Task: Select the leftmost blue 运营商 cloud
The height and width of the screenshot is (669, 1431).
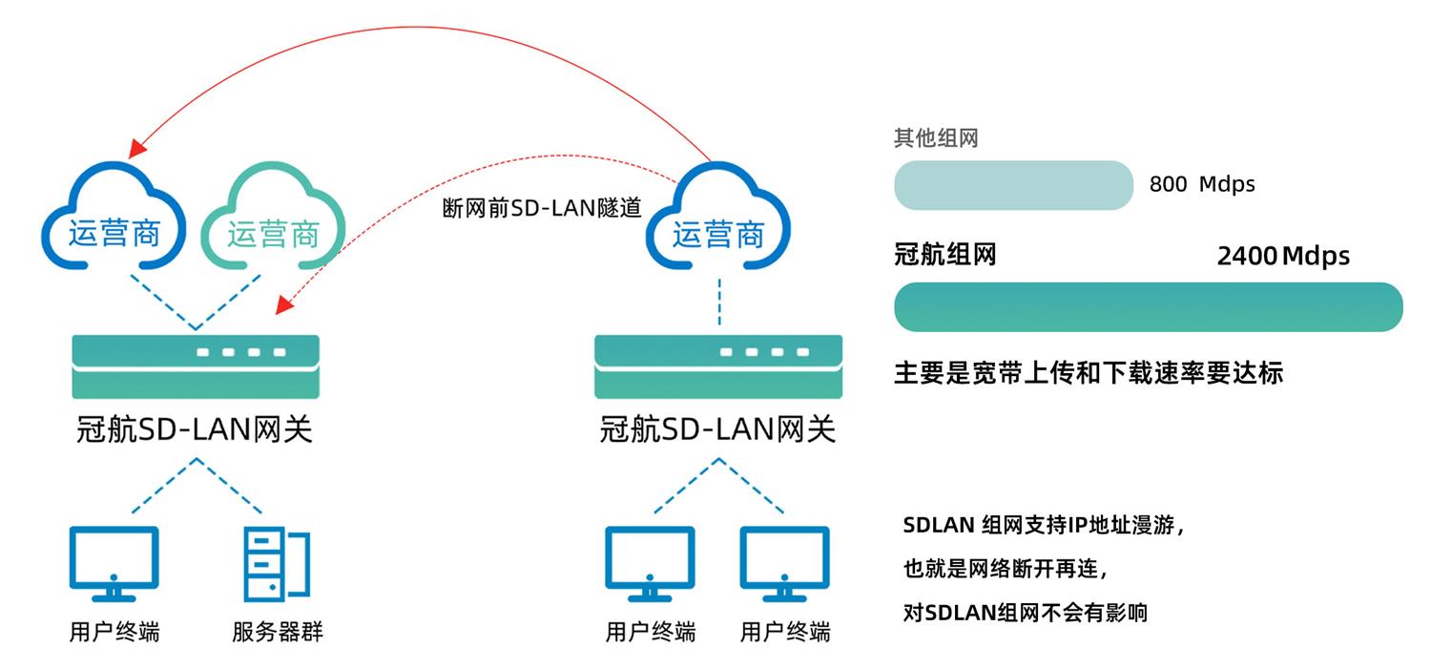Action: pos(114,217)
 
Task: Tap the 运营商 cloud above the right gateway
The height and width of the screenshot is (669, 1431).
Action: pos(718,219)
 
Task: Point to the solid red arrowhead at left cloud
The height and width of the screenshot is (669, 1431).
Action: pos(137,148)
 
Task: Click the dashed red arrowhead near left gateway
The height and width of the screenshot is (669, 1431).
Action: pos(282,305)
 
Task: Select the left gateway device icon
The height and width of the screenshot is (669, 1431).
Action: pos(196,366)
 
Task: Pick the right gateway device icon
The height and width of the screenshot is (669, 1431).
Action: pos(717,366)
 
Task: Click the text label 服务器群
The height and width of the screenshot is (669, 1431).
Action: pos(278,632)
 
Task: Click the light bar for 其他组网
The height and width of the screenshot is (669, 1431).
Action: pos(1012,185)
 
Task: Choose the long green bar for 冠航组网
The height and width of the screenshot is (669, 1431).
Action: pos(1148,307)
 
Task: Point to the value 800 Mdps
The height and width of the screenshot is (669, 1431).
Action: pos(1202,184)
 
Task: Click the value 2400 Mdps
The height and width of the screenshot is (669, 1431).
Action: pos(1283,256)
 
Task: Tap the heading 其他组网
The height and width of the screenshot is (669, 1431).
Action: pos(935,138)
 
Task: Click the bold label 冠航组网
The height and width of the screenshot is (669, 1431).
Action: pos(944,255)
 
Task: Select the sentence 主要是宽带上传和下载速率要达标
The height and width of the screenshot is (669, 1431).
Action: pos(1088,372)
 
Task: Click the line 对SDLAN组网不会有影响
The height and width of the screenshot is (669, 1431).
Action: pos(1025,613)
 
